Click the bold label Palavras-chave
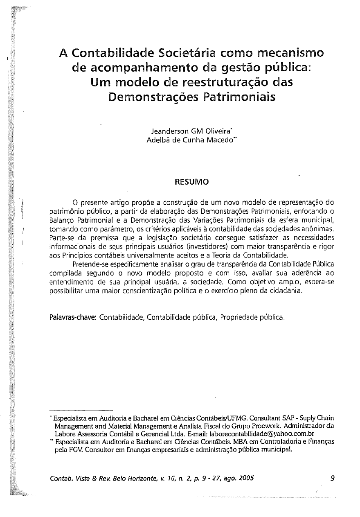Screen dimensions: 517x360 73,317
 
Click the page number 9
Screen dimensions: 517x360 332,478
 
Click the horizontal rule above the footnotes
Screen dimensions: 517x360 80,410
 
